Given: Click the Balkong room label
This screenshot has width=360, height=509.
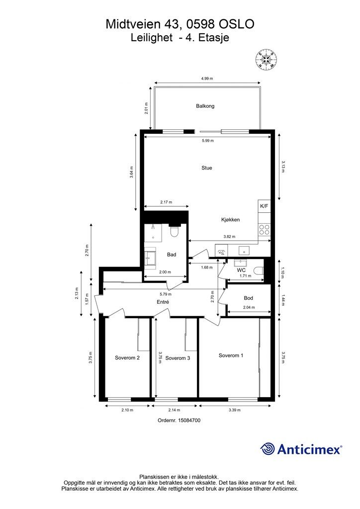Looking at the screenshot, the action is point(205,106).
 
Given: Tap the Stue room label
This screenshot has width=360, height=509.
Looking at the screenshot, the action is point(207,168).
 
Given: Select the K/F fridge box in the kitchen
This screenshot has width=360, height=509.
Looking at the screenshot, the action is point(264,206).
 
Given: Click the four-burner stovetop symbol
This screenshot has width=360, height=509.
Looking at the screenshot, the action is point(264,230).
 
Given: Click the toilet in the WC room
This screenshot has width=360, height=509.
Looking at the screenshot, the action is point(259,271).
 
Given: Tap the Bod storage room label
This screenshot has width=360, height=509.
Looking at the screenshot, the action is point(248,298).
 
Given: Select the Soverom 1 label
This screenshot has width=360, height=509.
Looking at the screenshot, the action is point(231,355).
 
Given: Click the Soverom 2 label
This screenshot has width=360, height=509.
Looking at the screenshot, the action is point(127,358).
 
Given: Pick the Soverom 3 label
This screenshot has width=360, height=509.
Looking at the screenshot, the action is point(178,358).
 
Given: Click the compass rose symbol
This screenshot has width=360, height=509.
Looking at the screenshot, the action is point(266,59).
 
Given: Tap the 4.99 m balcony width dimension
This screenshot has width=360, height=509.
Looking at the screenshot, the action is point(207,79).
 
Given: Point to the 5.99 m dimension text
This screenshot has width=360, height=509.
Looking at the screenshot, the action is point(208,141).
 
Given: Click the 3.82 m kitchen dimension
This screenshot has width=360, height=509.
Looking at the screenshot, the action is point(229,237).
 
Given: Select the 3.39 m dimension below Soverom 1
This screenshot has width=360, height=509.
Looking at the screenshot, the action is point(234,410).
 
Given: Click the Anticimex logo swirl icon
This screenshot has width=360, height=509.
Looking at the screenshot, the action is point(267,449).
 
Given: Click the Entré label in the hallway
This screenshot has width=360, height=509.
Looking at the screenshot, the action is point(163,302).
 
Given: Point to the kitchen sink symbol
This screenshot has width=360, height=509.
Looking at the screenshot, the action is point(243,251).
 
